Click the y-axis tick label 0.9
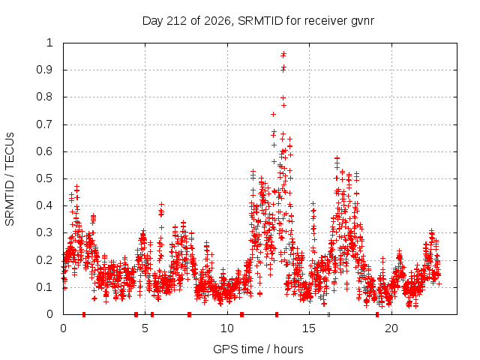[44, 70]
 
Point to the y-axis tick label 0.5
[44, 178]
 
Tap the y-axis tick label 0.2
[44, 260]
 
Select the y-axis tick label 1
[49, 43]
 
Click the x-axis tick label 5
[145, 328]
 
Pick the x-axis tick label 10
[227, 328]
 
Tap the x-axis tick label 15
[309, 328]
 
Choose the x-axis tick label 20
[391, 328]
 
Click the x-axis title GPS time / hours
[258, 349]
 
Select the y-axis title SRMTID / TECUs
[10, 179]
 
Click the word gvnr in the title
[362, 21]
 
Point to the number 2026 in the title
[217, 21]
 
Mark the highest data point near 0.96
[283, 55]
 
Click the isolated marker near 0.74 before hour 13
[273, 114]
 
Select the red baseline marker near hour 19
[377, 314]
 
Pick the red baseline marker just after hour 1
[84, 314]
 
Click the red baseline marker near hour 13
[277, 314]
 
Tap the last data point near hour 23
[439, 283]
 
